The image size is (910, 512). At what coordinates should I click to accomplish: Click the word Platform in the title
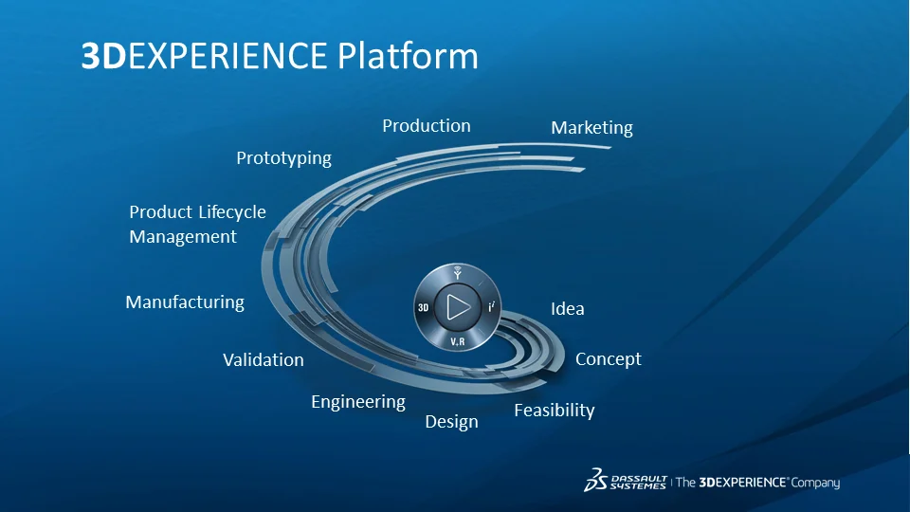coord(408,56)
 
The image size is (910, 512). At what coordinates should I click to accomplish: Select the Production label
coord(427,125)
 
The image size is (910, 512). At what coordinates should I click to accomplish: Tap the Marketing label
coord(591,127)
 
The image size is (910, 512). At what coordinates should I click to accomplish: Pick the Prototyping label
coord(283,158)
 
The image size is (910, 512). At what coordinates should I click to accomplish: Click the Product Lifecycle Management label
coord(197,224)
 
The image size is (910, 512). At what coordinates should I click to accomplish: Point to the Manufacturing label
coord(185,302)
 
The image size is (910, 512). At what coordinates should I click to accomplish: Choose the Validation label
coord(264,360)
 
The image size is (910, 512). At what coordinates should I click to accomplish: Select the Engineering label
coord(358,402)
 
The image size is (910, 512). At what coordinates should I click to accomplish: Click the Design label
coord(451,422)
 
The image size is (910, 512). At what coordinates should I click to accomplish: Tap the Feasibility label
coord(555,411)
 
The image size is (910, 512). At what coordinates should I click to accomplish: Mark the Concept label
coord(609,359)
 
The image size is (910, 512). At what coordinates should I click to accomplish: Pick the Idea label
coord(568,309)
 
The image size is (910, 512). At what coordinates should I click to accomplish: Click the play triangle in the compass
coord(458,307)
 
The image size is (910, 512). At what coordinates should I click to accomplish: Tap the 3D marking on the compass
coord(424,308)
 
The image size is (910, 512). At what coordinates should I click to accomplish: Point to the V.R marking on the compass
coord(457,340)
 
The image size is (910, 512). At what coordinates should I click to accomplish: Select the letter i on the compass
coord(491,307)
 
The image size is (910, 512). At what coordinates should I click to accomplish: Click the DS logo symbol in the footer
coord(596,480)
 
